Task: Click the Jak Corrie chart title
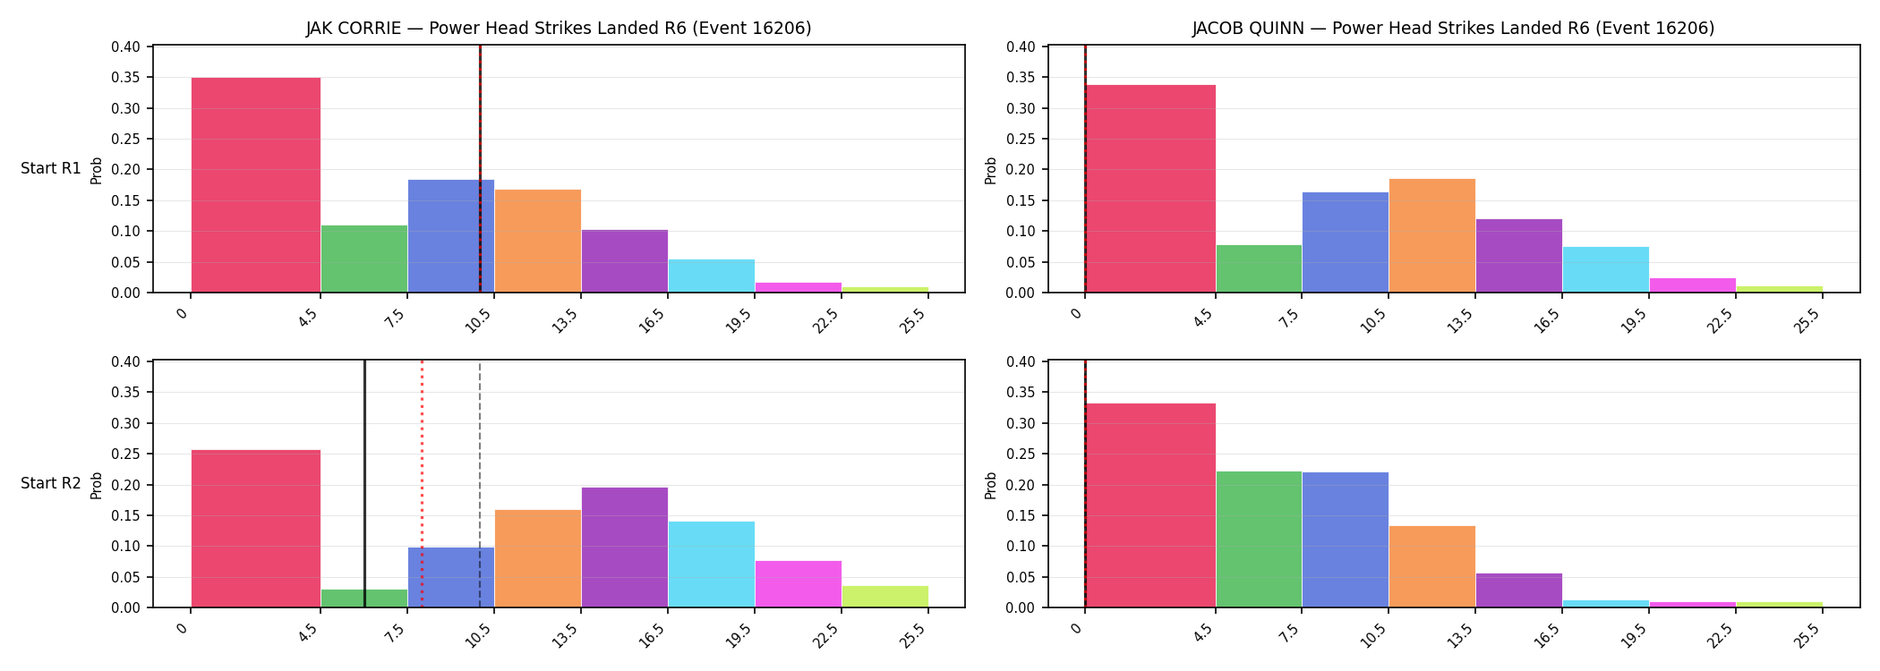(559, 28)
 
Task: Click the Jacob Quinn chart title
(1453, 28)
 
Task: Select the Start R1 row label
(51, 168)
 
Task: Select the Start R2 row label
(51, 483)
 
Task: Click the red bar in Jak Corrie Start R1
(256, 185)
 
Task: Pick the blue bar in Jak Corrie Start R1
(450, 236)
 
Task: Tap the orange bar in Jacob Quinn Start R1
(1431, 235)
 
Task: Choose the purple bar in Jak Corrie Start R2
(624, 548)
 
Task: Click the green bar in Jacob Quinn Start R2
(1259, 539)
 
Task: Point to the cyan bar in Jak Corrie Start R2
(711, 565)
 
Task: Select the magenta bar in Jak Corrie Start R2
(798, 584)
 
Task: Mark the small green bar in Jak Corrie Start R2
(364, 599)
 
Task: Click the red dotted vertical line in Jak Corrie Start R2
(422, 484)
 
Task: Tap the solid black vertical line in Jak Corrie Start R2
(364, 484)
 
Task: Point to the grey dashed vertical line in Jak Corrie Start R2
(480, 484)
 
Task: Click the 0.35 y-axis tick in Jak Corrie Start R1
(126, 78)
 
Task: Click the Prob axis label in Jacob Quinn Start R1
(991, 170)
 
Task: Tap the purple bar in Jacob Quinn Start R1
(1518, 256)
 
